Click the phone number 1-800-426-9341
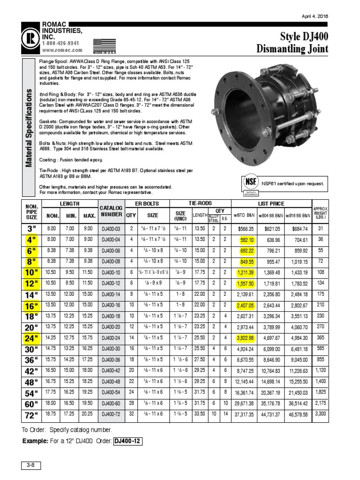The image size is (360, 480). pos(60,43)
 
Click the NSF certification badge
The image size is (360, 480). pos(249,183)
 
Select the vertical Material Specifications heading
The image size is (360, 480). pos(29,127)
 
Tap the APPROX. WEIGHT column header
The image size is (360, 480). pos(321,212)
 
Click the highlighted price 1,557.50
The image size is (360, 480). pos(245,284)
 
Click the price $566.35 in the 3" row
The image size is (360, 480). pos(245,229)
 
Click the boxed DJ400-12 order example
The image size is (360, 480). pos(127,442)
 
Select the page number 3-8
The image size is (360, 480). pos(31,465)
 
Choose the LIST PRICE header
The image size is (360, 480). pos(271,204)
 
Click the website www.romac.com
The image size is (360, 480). pos(62,50)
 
